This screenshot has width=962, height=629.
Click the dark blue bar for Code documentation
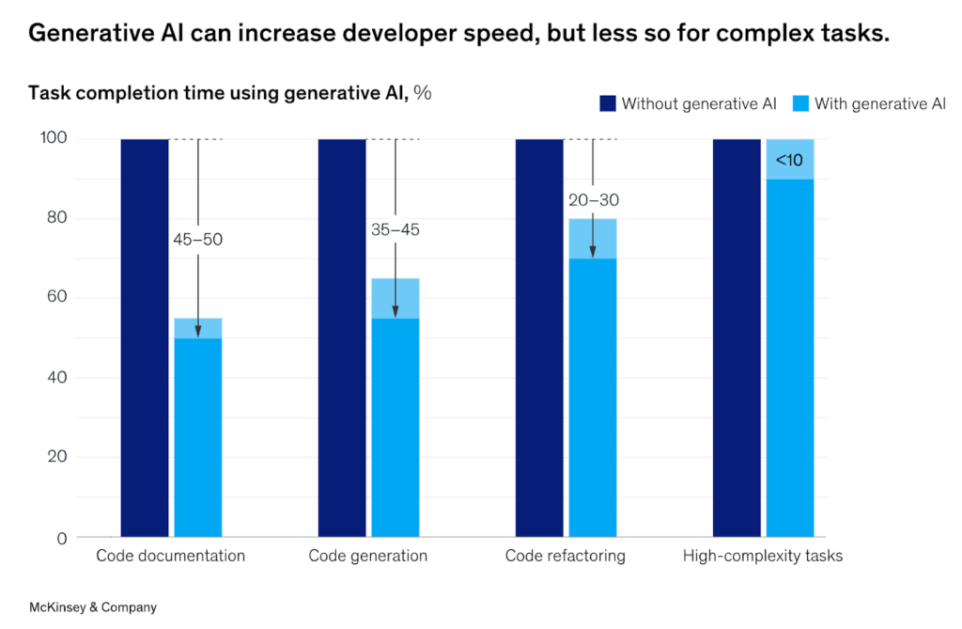pyautogui.click(x=145, y=338)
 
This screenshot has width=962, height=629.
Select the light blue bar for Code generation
pyautogui.click(x=396, y=423)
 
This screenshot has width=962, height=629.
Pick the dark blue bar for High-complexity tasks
pyautogui.click(x=737, y=338)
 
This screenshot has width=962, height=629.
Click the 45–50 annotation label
pyautogui.click(x=197, y=240)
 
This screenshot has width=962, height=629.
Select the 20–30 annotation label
pyautogui.click(x=593, y=199)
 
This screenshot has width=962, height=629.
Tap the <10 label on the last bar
pyautogui.click(x=789, y=161)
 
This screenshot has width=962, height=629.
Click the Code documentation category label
pyautogui.click(x=170, y=556)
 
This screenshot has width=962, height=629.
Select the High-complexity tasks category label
pyautogui.click(x=762, y=556)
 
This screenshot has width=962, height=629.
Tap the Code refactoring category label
pyautogui.click(x=565, y=556)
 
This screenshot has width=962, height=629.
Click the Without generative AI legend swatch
pyautogui.click(x=607, y=103)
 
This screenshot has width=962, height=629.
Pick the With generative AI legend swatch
pyautogui.click(x=800, y=103)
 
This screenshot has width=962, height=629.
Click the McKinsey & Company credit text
pyautogui.click(x=93, y=607)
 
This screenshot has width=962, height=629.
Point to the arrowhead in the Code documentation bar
pyautogui.click(x=197, y=332)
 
